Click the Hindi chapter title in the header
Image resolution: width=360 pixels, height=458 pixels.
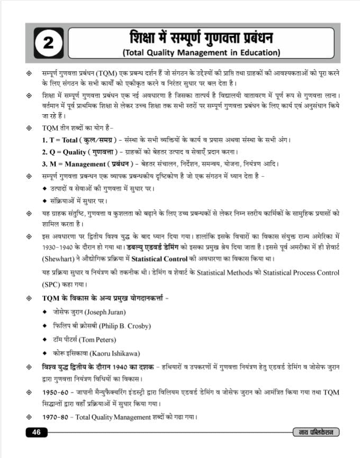tap(201, 38)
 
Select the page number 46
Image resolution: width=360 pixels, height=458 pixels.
tap(37, 433)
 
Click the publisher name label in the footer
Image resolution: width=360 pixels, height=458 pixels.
tap(317, 433)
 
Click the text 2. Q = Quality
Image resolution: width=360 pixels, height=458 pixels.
tap(63, 152)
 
